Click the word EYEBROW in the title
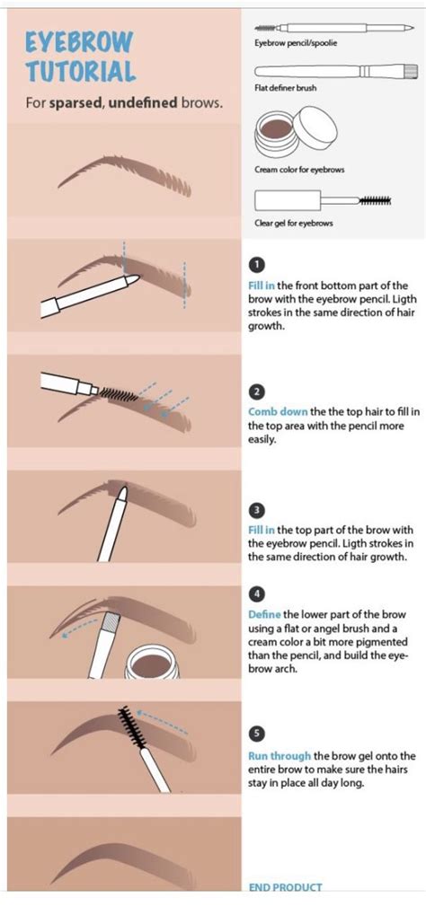pos(79,42)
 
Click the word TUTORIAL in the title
pos(80,71)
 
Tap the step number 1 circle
pos(257,265)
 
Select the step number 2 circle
pos(257,392)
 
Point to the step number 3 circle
pos(257,510)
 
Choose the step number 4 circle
pos(257,594)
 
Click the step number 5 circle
pos(257,731)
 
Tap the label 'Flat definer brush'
pos(286,88)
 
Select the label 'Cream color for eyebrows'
pos(299,169)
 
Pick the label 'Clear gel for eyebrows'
pos(294,223)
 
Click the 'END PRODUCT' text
pos(285,887)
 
